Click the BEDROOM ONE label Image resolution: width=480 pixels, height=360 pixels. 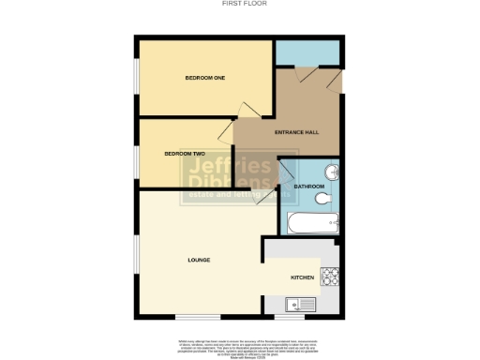tap(204, 77)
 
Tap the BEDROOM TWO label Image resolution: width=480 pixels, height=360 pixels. tap(184, 153)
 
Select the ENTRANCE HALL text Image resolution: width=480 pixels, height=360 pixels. tap(296, 132)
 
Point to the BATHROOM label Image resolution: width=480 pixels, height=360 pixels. tap(308, 187)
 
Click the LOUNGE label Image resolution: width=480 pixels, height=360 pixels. tap(198, 260)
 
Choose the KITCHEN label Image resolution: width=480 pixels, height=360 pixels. tap(302, 277)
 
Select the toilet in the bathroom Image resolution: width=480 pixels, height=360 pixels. tap(322, 200)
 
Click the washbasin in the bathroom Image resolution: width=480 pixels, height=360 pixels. tap(330, 172)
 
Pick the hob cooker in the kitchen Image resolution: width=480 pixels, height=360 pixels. tap(330, 277)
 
